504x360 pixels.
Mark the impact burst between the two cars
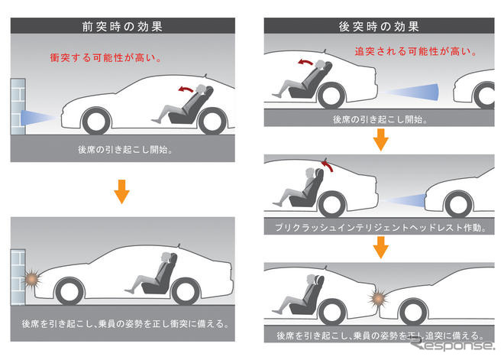point(379,296)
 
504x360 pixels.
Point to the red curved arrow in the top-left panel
point(186,89)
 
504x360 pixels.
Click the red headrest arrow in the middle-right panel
point(328,163)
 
